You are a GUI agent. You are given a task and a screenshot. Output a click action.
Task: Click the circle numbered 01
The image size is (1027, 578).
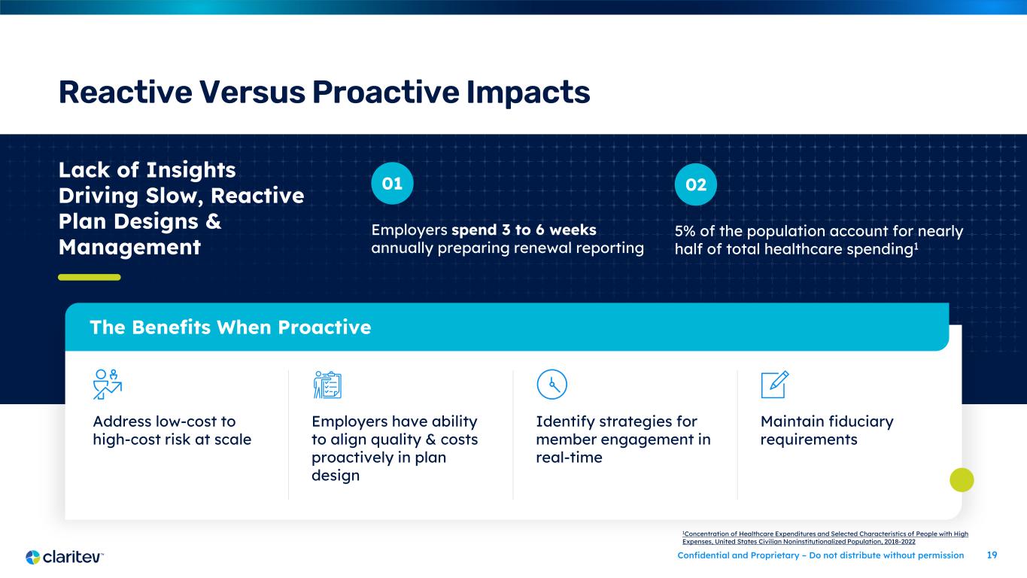(x=392, y=184)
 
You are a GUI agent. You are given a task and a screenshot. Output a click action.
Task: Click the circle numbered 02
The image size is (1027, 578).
(x=695, y=184)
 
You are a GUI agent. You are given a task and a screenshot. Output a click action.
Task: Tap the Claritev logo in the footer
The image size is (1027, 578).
(x=64, y=557)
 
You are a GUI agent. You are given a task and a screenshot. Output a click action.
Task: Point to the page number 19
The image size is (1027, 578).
(x=992, y=555)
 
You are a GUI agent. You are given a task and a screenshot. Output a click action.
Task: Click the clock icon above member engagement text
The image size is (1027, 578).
(x=551, y=385)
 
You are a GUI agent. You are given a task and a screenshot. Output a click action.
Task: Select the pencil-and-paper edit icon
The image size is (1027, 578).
(x=775, y=385)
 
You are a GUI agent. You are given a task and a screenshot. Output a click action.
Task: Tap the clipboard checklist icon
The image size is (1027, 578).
(x=327, y=385)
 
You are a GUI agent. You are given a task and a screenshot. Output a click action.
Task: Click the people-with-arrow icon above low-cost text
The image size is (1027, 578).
(x=108, y=385)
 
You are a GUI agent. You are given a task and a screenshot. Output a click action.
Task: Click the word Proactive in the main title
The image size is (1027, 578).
(x=385, y=93)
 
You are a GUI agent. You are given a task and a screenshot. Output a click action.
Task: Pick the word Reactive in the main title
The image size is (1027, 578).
(x=125, y=93)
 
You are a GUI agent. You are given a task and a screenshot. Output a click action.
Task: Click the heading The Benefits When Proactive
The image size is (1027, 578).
(x=230, y=327)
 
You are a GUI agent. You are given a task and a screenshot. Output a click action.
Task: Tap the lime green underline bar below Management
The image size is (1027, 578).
(x=90, y=277)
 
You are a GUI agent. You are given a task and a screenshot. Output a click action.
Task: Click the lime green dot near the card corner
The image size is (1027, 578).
(x=962, y=480)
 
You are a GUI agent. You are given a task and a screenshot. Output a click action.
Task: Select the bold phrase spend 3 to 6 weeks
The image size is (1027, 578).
(x=524, y=230)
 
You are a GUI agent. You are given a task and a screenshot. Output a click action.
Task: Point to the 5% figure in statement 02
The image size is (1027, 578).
(x=685, y=231)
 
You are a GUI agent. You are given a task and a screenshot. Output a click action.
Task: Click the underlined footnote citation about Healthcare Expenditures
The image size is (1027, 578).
(x=825, y=537)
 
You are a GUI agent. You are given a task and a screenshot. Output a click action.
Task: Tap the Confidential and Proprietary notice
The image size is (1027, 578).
(x=821, y=555)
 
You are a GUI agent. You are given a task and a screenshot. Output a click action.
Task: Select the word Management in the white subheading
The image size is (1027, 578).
(x=129, y=248)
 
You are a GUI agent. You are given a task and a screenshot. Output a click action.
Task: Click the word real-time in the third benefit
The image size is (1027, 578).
(x=569, y=458)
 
